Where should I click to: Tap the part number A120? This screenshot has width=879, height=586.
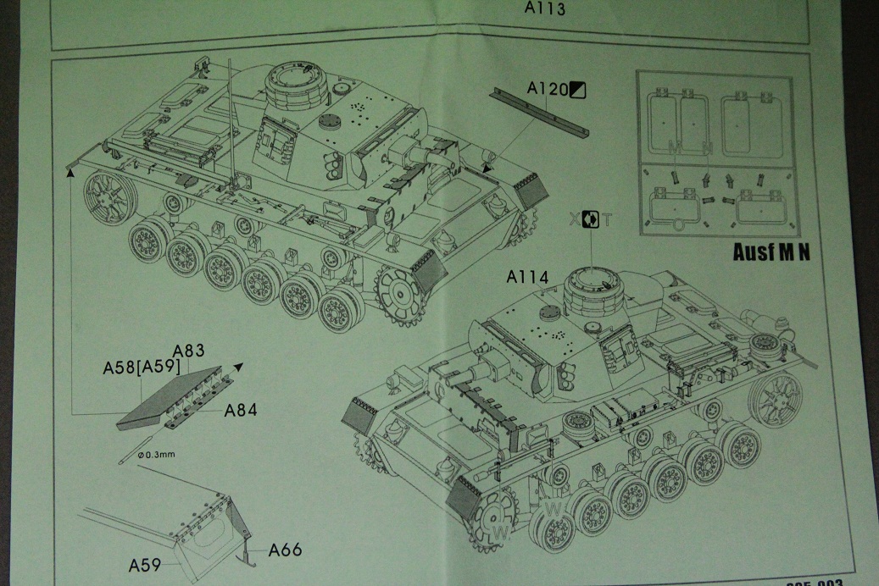(547, 88)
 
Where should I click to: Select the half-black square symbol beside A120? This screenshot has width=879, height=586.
(579, 88)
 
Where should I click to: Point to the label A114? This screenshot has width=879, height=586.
(529, 277)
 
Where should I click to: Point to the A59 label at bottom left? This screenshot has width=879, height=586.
(147, 563)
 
